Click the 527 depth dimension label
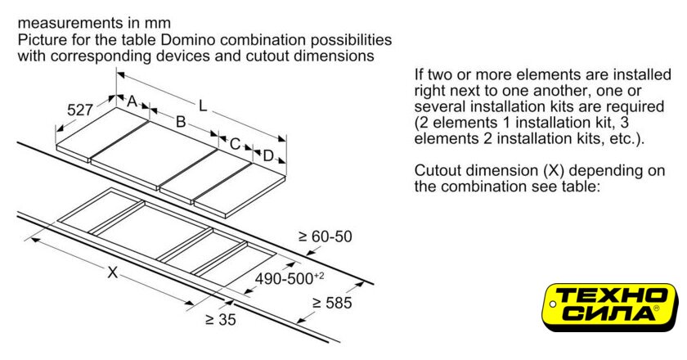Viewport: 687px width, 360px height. click(x=80, y=109)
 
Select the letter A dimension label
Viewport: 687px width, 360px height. click(x=132, y=101)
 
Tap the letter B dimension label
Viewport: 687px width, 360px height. click(x=181, y=121)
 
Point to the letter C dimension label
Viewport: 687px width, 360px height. click(x=236, y=144)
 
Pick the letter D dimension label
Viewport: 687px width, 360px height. click(x=268, y=155)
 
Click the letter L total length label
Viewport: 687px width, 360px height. click(x=203, y=106)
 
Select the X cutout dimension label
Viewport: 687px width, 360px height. click(x=113, y=272)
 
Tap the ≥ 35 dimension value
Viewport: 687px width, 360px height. click(x=220, y=320)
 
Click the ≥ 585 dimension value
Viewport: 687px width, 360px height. click(x=332, y=303)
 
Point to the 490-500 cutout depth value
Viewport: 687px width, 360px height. click(x=290, y=278)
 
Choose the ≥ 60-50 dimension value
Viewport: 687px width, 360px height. click(x=326, y=236)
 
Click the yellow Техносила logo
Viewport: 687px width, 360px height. click(x=610, y=308)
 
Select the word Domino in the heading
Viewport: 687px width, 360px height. click(x=188, y=40)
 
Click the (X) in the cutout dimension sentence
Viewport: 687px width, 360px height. click(x=554, y=170)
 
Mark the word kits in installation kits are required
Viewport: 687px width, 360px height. click(x=562, y=106)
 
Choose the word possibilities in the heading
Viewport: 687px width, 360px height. click(x=352, y=40)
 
